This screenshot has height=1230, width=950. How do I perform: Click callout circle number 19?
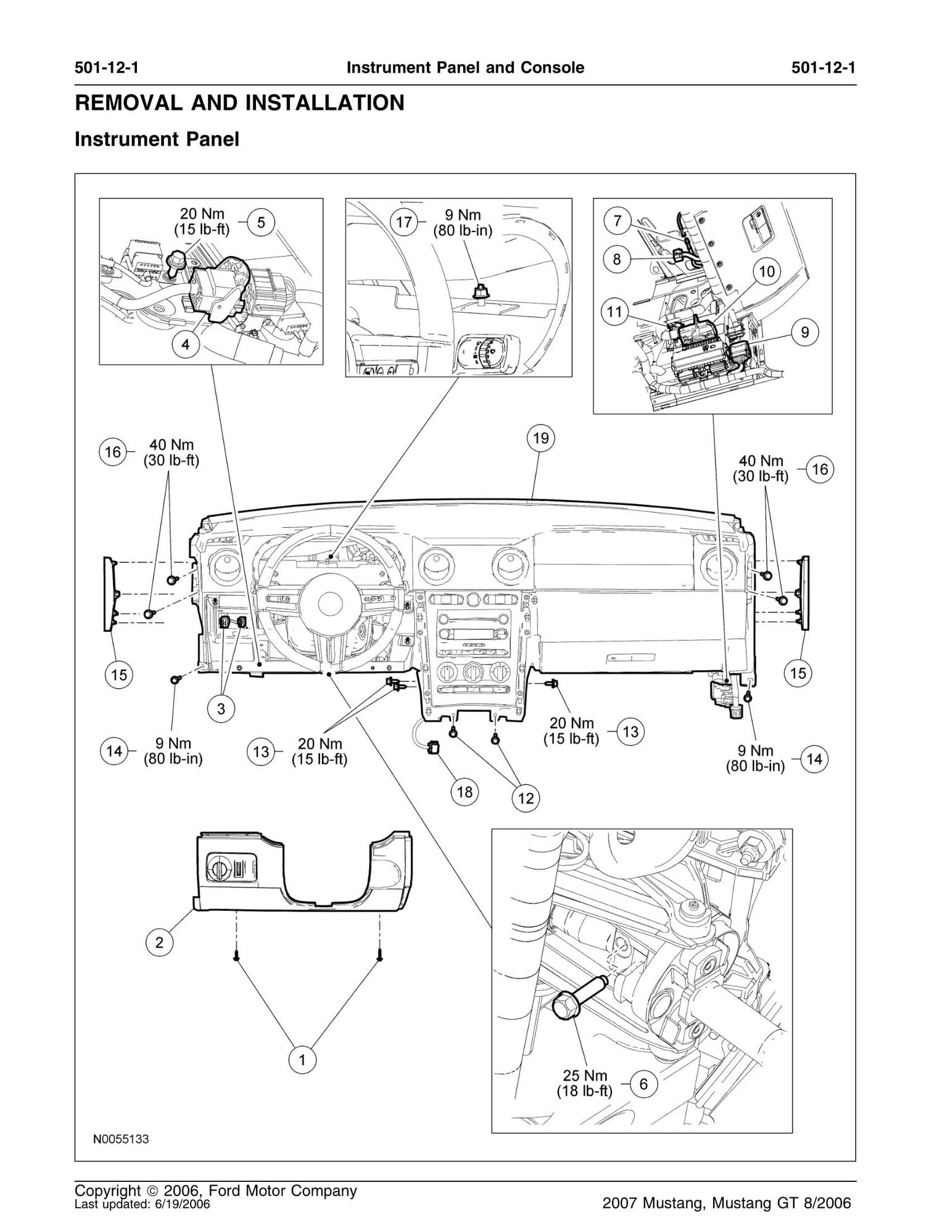point(540,438)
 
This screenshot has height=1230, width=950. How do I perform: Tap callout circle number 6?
point(643,1084)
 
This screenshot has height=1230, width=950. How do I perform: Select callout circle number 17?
point(404,222)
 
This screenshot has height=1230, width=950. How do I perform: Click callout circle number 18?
point(465,791)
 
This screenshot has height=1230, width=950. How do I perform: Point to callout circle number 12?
point(526,799)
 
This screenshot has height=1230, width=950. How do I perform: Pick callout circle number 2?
point(159,942)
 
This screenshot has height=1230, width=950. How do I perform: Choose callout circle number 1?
point(302,1060)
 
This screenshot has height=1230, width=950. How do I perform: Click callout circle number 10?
point(766,272)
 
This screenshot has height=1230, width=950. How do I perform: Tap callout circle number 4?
point(186,344)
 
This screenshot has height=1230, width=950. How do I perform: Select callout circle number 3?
point(221,709)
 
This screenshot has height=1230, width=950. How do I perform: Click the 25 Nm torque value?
point(584,1075)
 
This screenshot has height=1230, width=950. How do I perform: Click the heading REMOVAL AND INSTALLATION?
point(239,102)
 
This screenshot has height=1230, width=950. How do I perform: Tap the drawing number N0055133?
point(121,1139)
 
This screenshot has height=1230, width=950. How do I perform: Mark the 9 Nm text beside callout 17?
point(463,215)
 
